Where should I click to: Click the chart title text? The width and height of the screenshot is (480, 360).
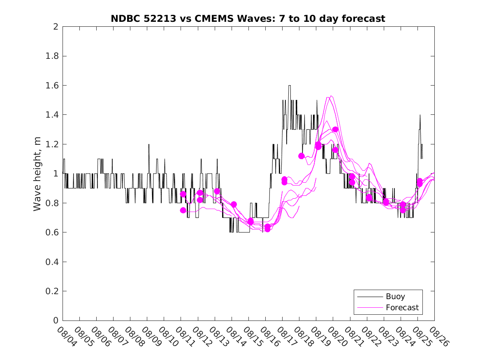[248, 19]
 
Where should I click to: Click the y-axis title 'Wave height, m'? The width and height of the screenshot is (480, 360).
[37, 174]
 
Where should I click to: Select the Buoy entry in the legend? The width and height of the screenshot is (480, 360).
[395, 296]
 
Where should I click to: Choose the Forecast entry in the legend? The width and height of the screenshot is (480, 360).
[402, 307]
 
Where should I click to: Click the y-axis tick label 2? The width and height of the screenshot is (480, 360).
[55, 27]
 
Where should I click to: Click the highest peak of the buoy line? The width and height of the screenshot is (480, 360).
[290, 86]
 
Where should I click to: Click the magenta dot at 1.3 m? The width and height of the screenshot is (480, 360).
[335, 130]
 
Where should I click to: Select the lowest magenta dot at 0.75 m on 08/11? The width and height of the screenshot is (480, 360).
[183, 210]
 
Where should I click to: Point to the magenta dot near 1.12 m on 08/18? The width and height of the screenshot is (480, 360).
[301, 156]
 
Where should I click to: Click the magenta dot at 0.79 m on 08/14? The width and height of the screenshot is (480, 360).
[234, 204]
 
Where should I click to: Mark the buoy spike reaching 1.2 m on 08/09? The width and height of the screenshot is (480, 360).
[149, 144]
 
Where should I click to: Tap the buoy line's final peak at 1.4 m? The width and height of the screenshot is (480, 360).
[420, 115]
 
